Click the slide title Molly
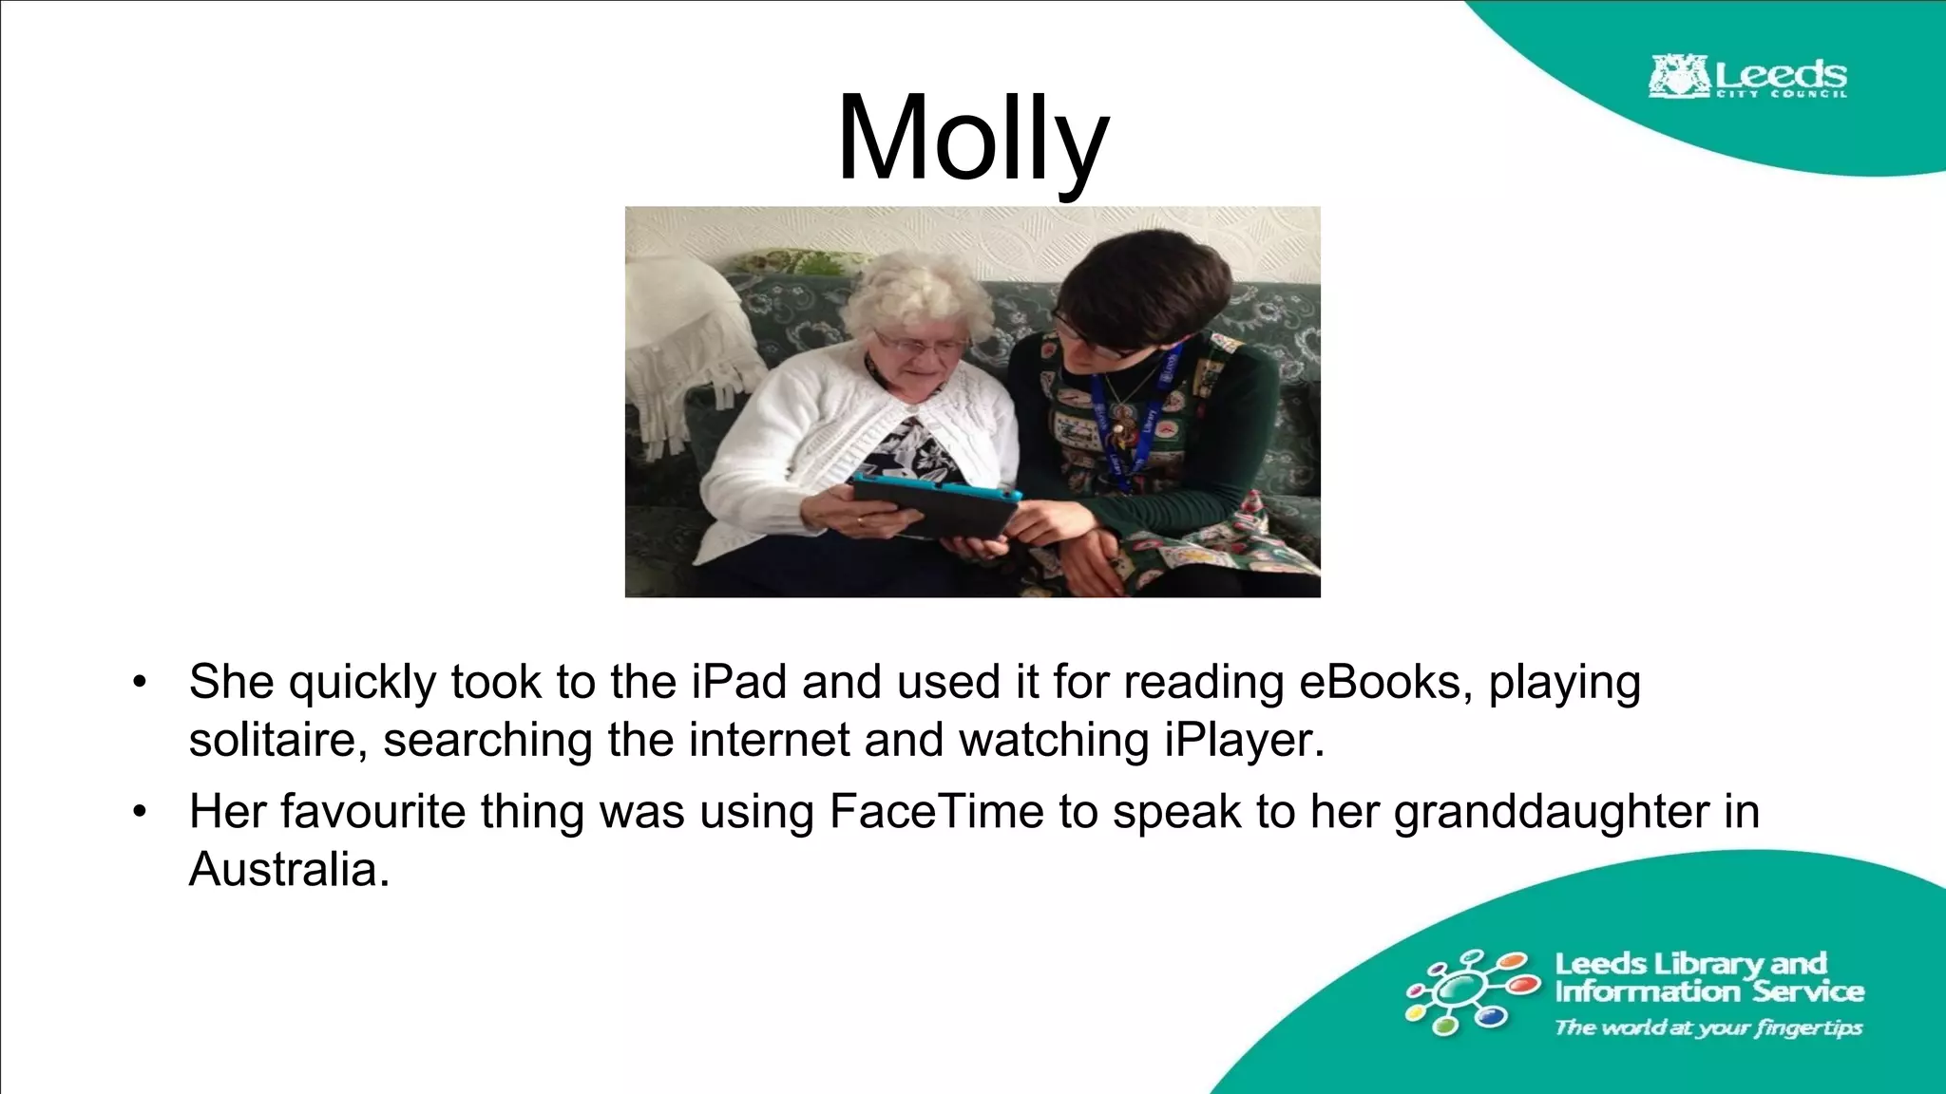(972, 139)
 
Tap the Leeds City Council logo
(1747, 77)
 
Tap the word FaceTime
(936, 812)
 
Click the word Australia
(289, 869)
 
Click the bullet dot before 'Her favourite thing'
(141, 812)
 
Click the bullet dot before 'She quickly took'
(141, 682)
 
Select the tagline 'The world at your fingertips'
(1708, 1028)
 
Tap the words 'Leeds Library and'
(1690, 964)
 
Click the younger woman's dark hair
(1150, 275)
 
